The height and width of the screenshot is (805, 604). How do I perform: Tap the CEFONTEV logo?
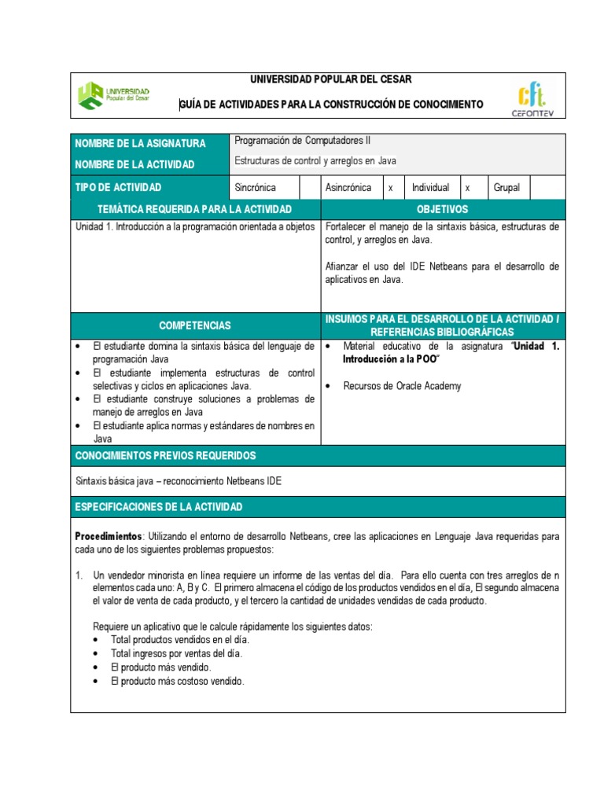click(532, 98)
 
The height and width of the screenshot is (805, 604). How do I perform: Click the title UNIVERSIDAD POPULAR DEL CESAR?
click(330, 79)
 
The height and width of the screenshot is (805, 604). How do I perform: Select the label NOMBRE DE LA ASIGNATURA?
click(140, 143)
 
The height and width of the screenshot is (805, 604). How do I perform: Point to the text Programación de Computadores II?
click(303, 141)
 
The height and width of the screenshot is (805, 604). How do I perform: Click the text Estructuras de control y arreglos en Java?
click(315, 161)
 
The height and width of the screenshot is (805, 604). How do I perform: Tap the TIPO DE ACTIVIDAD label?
click(118, 187)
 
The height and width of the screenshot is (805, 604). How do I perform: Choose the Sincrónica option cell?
click(256, 187)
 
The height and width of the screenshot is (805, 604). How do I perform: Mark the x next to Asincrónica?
click(390, 188)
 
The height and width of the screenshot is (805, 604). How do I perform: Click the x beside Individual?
click(467, 188)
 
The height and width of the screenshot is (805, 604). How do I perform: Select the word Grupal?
click(507, 188)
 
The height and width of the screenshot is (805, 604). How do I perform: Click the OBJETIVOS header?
click(443, 209)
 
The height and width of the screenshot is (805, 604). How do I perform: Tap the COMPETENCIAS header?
click(195, 325)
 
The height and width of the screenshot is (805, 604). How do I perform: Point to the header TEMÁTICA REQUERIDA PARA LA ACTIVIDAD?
click(194, 209)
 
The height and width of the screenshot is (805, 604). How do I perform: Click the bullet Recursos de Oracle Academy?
click(402, 386)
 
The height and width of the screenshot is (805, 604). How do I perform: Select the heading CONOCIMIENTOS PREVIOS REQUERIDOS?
click(165, 456)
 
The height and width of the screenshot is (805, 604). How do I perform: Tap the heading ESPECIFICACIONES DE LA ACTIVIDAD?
click(159, 507)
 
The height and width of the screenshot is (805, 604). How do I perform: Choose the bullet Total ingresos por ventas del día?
click(177, 654)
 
